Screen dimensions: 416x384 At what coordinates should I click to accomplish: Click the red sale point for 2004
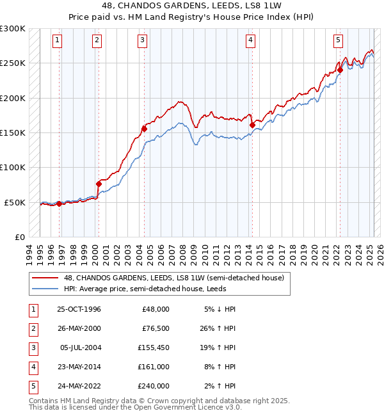point(145,129)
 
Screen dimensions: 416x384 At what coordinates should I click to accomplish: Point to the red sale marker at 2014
point(252,125)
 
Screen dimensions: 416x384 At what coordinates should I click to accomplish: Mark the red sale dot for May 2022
point(340,70)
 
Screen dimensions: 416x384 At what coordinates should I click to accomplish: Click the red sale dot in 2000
point(99,184)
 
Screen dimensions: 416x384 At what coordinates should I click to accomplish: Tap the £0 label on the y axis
point(19,237)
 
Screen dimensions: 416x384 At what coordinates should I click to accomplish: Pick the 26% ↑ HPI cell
point(222,328)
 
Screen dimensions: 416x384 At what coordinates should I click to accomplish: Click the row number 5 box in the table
point(32,386)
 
